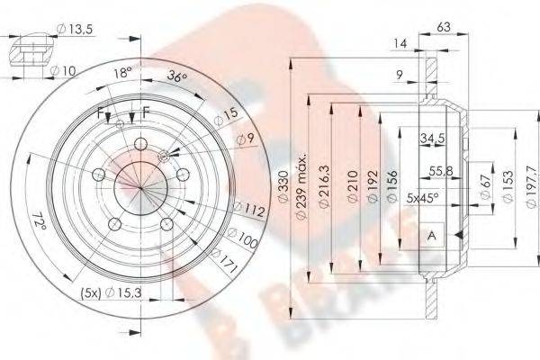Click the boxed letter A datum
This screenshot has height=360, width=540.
tap(432, 234)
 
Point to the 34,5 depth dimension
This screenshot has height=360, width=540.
tap(435, 138)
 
